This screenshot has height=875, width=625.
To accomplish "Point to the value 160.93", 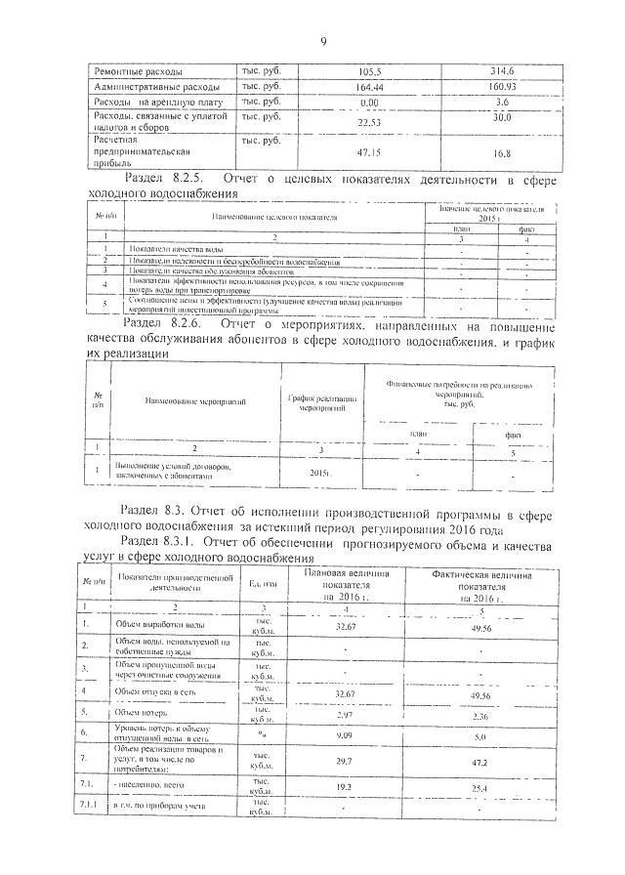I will pyautogui.click(x=503, y=87).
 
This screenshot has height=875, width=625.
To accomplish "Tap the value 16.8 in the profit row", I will pyautogui.click(x=503, y=154).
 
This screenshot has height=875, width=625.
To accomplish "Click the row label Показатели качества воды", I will pyautogui.click(x=163, y=251).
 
